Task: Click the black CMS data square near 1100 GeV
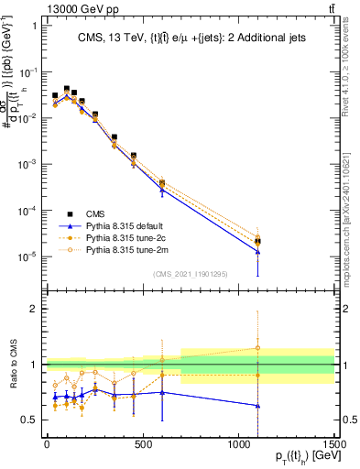pos(258,242)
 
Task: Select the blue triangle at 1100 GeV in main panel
pos(258,251)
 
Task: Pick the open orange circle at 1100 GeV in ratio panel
pos(258,348)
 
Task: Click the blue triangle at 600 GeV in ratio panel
pos(162,392)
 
